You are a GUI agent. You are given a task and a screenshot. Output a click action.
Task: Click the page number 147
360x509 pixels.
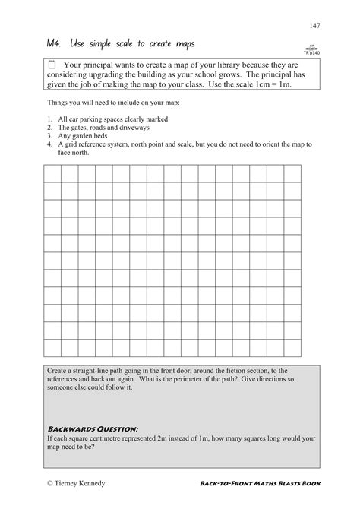pyautogui.click(x=314, y=27)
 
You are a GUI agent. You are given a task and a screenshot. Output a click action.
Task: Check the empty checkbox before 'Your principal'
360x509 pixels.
pyautogui.click(x=52, y=66)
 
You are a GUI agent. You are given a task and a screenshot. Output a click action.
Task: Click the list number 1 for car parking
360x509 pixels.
pyautogui.click(x=49, y=120)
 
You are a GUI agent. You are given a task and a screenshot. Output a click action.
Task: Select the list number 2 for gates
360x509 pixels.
pyautogui.click(x=49, y=128)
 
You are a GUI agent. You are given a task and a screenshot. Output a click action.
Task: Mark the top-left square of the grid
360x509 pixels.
pyautogui.click(x=52, y=173)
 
